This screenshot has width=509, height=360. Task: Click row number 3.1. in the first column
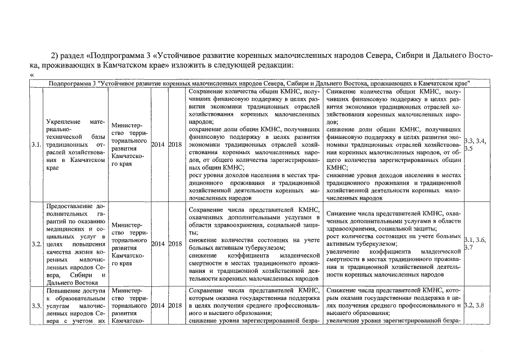point(36,145)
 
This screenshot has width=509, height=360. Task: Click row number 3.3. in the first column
point(36,305)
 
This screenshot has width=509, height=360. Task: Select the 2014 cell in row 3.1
point(158,145)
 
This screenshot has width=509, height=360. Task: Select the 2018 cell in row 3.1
point(175,145)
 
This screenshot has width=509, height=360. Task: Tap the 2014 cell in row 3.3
point(158,305)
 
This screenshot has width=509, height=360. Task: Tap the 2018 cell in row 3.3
point(175,305)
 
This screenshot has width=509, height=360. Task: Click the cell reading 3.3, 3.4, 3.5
point(474,145)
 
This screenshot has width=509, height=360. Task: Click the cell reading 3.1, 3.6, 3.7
point(474,244)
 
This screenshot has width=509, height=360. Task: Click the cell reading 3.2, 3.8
point(474,305)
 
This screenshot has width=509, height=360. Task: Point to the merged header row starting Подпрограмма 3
point(259,83)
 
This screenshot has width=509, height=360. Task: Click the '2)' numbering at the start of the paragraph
point(55,55)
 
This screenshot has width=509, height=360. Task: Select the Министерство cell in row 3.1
point(129,145)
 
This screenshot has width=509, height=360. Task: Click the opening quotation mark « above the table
point(31,75)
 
